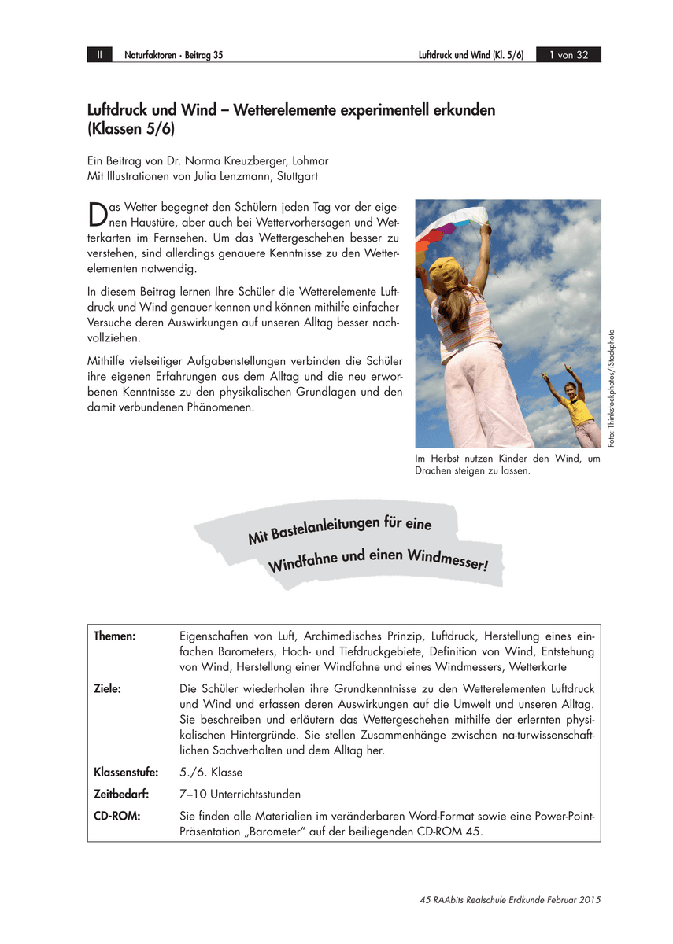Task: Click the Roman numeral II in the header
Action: [x=99, y=55]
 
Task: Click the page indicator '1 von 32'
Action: [x=568, y=55]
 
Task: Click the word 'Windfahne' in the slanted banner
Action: [x=300, y=562]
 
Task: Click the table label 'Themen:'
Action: [x=115, y=636]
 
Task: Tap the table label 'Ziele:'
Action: [x=107, y=688]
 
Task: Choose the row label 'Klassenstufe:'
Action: [x=126, y=772]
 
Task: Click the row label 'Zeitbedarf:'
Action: [x=121, y=794]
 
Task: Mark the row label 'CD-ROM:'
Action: [x=116, y=816]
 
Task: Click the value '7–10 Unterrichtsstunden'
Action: [x=239, y=794]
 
